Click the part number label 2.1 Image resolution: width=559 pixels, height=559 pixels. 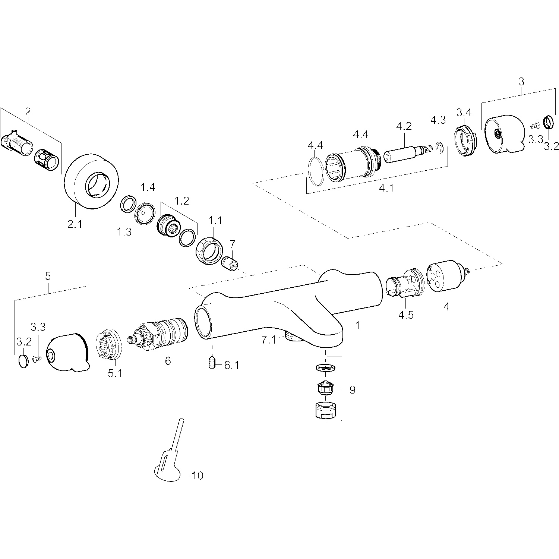click(x=75, y=225)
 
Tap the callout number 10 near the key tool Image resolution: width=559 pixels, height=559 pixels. click(x=198, y=476)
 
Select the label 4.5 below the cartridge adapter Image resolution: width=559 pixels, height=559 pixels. click(x=406, y=315)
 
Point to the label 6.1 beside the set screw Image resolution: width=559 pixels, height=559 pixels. click(x=231, y=366)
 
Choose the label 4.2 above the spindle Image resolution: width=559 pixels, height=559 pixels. click(x=404, y=126)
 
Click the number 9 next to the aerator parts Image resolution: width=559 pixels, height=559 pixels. click(x=352, y=390)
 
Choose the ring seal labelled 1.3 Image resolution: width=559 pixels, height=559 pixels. click(x=127, y=204)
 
